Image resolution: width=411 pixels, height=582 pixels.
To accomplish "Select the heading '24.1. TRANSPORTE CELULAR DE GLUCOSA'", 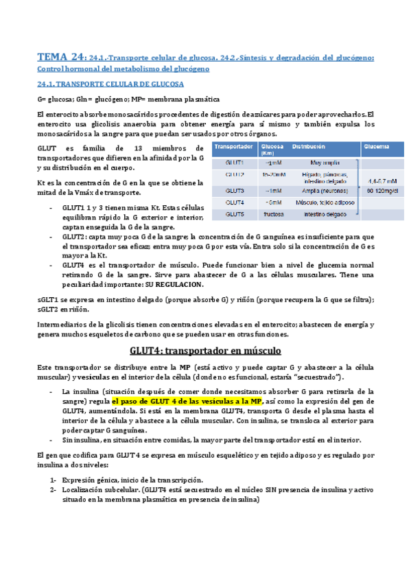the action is pos(110,84).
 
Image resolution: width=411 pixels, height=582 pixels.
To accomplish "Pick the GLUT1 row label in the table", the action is pos(235,163).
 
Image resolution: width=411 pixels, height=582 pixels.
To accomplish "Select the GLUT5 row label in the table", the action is pos(235,214).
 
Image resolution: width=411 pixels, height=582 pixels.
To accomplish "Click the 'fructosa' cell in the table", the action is pos(274,214).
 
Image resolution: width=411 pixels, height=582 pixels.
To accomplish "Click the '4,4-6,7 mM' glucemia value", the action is pos(379,181).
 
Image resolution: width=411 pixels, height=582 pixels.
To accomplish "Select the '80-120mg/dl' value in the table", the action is pos(379,190).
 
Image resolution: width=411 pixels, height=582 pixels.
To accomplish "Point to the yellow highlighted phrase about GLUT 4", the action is pos(187,401).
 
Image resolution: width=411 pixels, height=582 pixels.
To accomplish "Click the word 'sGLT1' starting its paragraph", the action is pos(47,300).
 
